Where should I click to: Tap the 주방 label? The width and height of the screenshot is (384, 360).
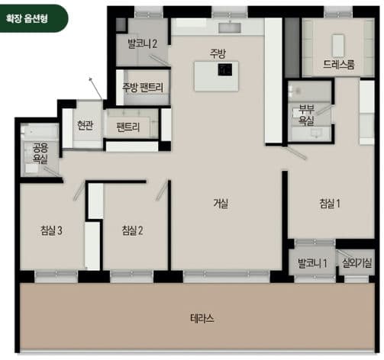[218, 53]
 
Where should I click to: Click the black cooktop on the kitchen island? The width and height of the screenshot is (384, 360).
[225, 69]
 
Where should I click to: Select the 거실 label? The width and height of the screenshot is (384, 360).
[221, 204]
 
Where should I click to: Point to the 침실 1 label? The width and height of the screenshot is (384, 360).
[330, 204]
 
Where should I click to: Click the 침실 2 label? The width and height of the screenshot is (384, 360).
[132, 230]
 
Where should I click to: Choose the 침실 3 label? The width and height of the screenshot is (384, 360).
[51, 230]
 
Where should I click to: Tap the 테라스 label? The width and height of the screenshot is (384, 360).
[202, 318]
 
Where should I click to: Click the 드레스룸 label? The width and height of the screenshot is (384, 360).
[339, 65]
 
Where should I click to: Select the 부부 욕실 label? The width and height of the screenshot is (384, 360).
[306, 115]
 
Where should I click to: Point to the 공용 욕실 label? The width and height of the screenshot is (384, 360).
[40, 153]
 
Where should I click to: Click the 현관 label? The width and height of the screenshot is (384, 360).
[85, 125]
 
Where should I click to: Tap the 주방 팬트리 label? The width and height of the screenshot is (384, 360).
[143, 87]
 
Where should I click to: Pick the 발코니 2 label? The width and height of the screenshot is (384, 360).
[142, 43]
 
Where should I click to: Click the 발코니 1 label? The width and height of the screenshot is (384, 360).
[312, 263]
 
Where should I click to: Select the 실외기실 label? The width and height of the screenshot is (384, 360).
[357, 263]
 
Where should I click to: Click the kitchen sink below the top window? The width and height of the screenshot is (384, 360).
[230, 28]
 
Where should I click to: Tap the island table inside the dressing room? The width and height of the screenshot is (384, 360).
[338, 46]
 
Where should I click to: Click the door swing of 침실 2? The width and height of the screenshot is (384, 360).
[162, 190]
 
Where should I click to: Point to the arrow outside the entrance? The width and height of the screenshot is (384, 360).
[95, 88]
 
